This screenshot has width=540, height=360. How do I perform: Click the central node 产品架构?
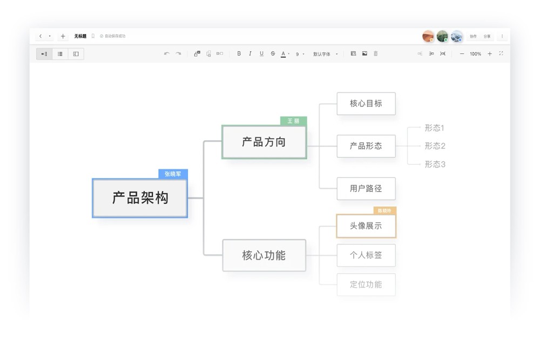[140, 198]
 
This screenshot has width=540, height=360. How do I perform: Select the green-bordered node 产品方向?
[264, 142]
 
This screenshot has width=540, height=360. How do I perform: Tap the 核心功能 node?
[264, 255]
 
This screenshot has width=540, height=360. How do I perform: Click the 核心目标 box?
[366, 104]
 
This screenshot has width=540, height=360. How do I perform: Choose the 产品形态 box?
[366, 146]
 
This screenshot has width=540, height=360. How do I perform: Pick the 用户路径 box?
[366, 188]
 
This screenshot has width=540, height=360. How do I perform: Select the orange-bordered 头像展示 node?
[366, 226]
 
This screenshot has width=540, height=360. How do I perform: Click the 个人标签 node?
[366, 255]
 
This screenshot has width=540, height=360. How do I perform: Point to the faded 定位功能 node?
[366, 284]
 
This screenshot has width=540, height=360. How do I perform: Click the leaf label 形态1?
[434, 128]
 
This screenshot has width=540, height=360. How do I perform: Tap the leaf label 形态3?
[435, 164]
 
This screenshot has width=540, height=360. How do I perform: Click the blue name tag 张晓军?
[173, 174]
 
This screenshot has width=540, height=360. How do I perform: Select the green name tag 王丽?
[293, 121]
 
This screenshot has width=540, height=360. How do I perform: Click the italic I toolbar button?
[250, 54]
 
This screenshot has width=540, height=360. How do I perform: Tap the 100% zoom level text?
[475, 54]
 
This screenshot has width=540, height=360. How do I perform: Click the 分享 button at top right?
[487, 36]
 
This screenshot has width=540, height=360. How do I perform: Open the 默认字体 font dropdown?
[325, 54]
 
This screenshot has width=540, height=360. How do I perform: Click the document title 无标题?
[80, 36]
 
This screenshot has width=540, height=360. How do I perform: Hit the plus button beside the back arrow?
[63, 36]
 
